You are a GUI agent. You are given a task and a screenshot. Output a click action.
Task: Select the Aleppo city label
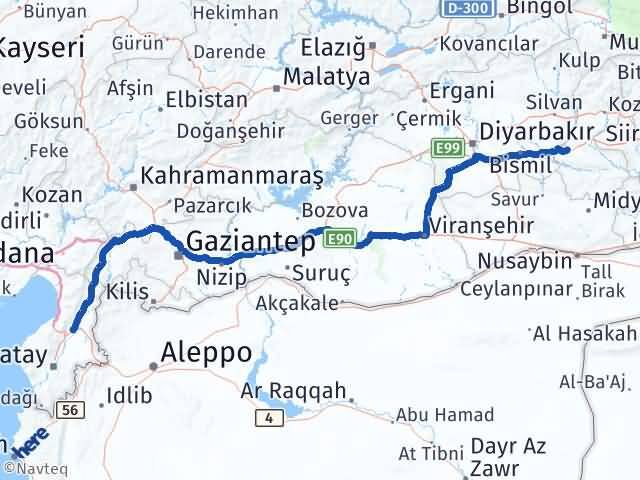tap(208, 353)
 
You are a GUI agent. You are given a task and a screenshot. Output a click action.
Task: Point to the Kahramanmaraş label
tap(232, 176)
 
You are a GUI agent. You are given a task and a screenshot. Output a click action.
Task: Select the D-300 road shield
tap(466, 7)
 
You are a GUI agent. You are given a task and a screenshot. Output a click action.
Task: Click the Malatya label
tap(326, 77)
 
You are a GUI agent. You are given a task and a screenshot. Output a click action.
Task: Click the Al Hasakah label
tap(585, 333)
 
